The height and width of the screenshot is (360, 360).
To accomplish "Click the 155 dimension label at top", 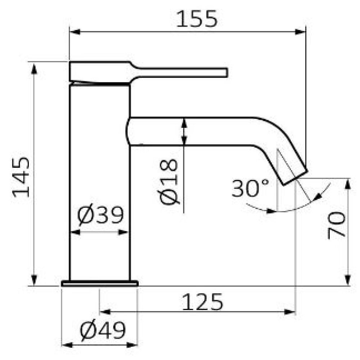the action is [x=197, y=19].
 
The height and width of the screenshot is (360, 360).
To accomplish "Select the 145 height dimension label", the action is [x=21, y=177].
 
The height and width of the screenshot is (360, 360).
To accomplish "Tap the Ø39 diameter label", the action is [x=100, y=215].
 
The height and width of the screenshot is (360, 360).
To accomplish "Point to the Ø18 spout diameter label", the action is [x=169, y=181].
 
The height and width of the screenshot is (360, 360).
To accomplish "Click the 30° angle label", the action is [x=250, y=188].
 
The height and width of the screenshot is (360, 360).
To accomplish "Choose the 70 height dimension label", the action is [x=337, y=225].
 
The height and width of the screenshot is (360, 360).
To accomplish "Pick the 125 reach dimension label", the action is [x=202, y=302].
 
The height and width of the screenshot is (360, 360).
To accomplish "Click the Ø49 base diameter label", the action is [x=103, y=330].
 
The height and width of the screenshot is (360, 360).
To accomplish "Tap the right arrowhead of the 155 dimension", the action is [x=300, y=32].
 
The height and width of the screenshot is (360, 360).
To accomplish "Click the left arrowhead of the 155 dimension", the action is [x=75, y=32].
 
